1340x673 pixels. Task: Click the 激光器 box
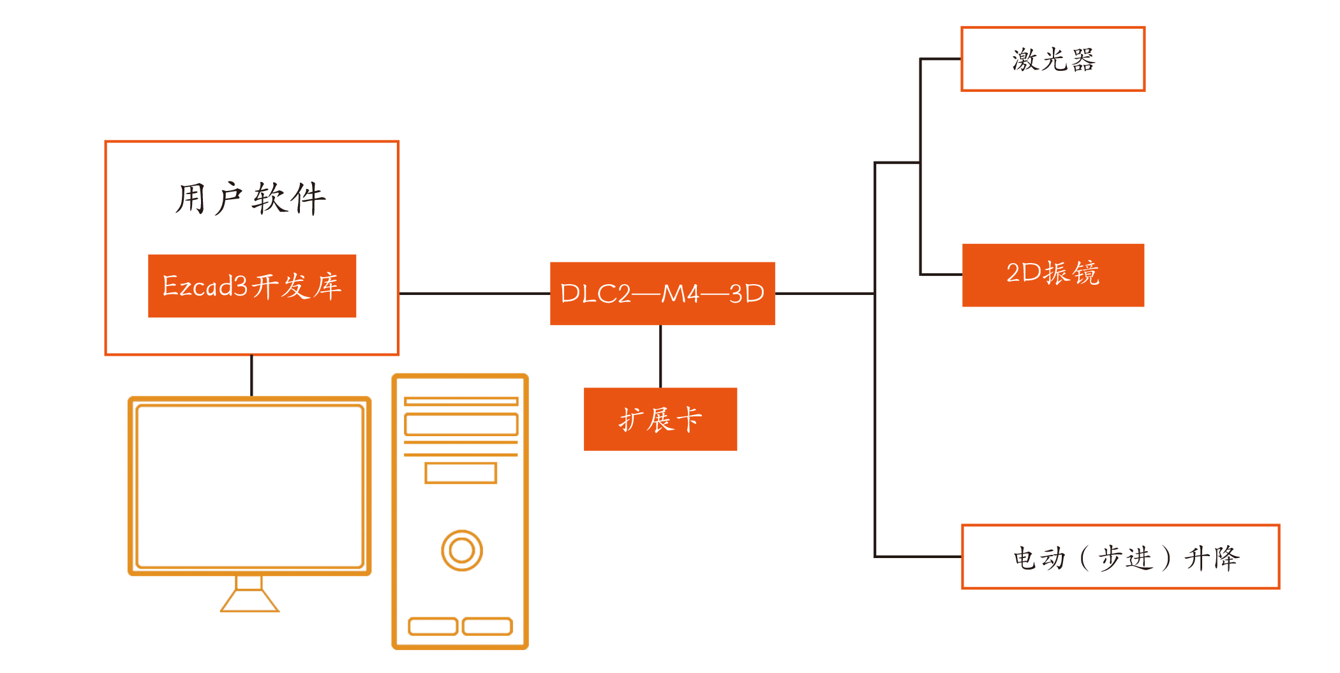pos(1053,59)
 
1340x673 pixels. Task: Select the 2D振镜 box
pos(1053,275)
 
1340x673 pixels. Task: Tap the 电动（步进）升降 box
pos(1120,557)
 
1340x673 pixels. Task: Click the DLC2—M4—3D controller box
pos(662,293)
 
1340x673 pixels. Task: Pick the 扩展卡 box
pos(660,419)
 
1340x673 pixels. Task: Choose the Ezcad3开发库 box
pos(252,285)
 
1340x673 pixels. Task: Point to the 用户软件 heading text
pos(251,199)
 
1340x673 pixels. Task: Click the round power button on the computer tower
pos(461,550)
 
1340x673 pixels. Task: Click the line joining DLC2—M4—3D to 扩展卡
pos(660,356)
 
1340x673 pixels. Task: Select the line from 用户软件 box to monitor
pos(251,375)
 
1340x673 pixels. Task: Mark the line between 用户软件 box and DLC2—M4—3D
pos(474,293)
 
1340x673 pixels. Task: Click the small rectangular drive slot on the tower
pos(461,473)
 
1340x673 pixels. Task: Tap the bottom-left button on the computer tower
pos(433,626)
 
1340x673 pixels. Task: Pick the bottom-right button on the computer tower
pos(488,626)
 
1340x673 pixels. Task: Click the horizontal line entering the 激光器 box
pos(941,59)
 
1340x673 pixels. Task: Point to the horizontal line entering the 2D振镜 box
pos(941,275)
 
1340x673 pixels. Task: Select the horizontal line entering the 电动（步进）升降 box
pos(918,557)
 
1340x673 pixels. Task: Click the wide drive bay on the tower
pos(461,425)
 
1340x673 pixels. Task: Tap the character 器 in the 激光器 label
pos(1083,60)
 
